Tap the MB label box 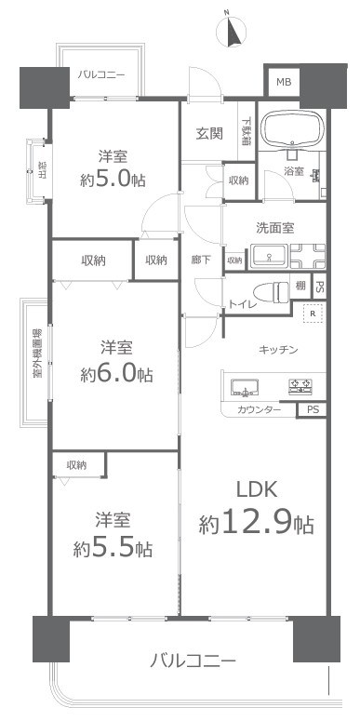(282, 83)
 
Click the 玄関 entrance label (208, 133)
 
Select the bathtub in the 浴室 (288, 128)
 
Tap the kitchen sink (216, 386)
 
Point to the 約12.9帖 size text (256, 525)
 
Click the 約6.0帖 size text (115, 374)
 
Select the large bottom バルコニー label (193, 661)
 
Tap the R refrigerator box (313, 314)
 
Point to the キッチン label (277, 350)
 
